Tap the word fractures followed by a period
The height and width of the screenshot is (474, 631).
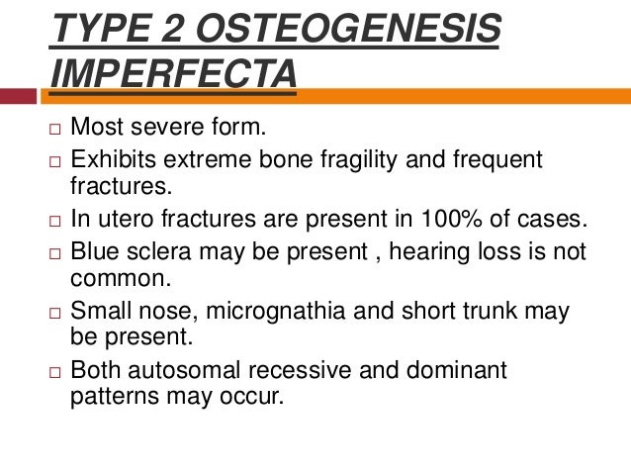[111, 184]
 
